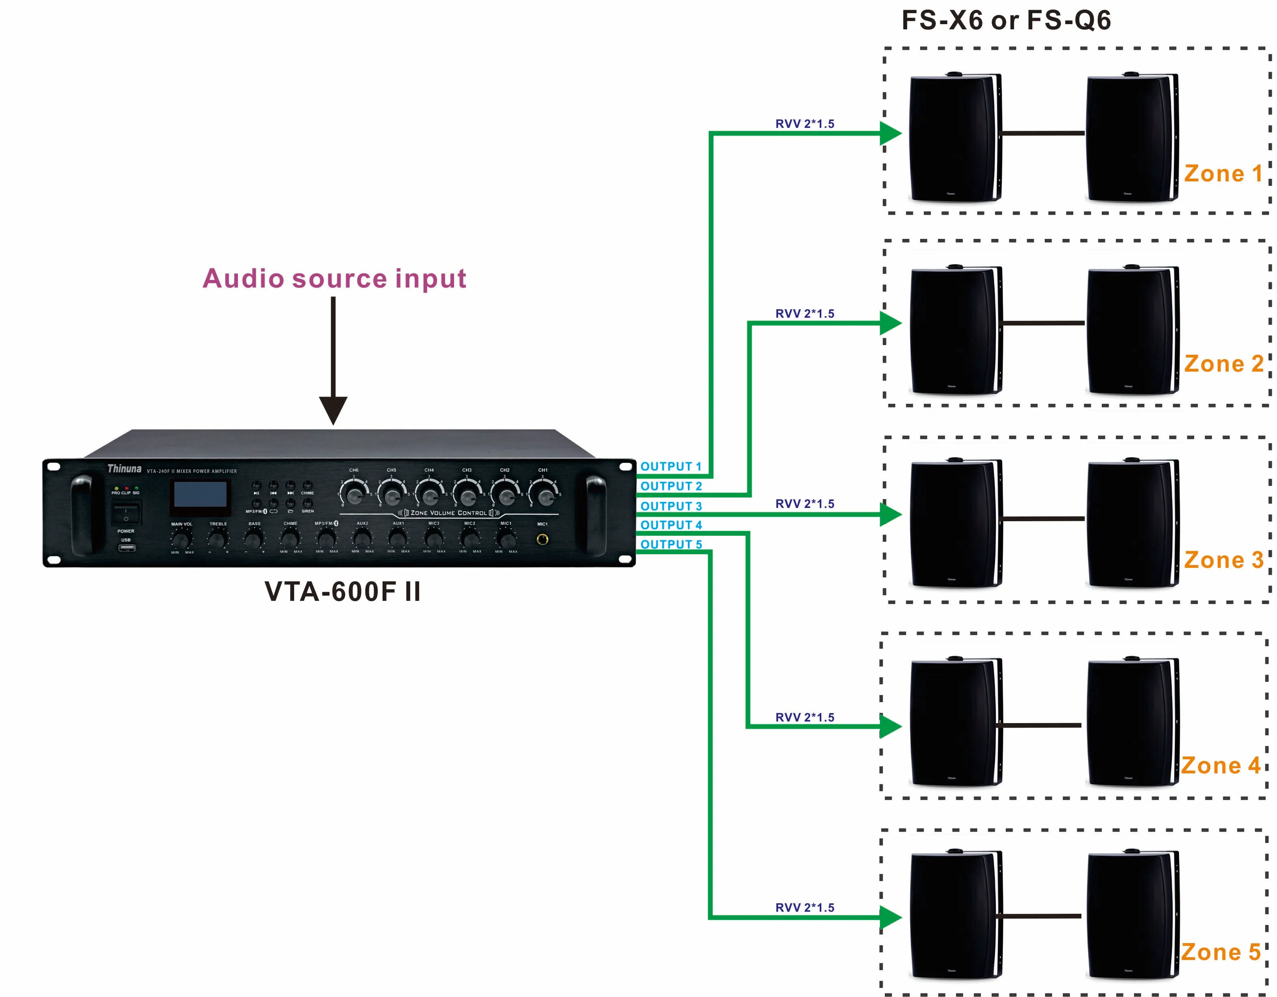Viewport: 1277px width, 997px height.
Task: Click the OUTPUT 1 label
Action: pos(671,466)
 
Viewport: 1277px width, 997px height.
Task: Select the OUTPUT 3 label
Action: pos(671,506)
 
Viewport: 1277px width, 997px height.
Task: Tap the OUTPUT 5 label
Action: pos(671,544)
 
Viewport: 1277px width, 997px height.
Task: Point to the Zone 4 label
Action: pos(1221,765)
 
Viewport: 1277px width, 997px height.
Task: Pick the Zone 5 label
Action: pos(1221,952)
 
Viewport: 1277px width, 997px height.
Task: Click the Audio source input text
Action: pos(334,278)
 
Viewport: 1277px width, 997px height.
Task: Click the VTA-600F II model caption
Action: pos(343,592)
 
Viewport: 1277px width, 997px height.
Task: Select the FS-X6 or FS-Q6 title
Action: pos(1006,21)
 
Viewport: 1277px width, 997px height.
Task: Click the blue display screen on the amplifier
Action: pos(200,494)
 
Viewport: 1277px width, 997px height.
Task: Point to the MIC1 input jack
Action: pos(542,539)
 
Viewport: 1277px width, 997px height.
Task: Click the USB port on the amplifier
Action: pos(126,548)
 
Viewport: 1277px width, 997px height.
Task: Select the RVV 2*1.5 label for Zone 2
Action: pos(804,314)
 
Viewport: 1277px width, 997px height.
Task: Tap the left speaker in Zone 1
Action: pos(954,138)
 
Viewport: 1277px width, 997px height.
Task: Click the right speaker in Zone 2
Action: pos(1132,331)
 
